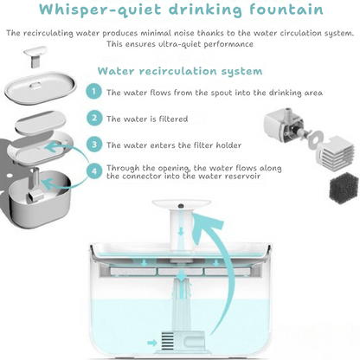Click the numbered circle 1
click(93, 92)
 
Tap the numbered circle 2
click(94, 118)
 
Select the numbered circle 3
click(94, 145)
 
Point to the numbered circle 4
click(94, 171)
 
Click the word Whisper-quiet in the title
click(100, 10)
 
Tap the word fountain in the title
click(286, 9)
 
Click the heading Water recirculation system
click(180, 71)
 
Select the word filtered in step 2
click(173, 119)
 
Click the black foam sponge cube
click(344, 188)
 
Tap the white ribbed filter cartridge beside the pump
click(335, 152)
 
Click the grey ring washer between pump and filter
click(314, 140)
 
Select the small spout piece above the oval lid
click(35, 56)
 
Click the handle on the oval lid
click(35, 85)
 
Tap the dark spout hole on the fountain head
click(181, 206)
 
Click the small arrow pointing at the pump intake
click(152, 343)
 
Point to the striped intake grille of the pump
click(167, 341)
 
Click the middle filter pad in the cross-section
click(181, 271)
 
